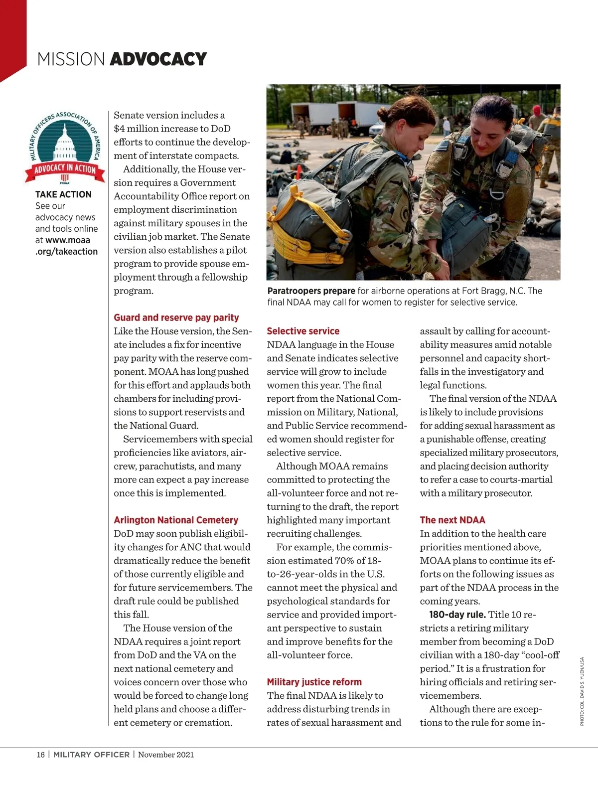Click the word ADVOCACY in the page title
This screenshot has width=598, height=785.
158,59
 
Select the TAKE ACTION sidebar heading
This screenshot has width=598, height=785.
63,194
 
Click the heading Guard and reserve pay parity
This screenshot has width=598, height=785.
176,317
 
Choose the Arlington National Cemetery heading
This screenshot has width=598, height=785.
176,520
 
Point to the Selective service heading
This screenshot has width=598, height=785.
303,331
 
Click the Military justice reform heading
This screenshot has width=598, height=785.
314,682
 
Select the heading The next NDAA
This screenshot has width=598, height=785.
452,520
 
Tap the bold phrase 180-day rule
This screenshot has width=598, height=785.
457,615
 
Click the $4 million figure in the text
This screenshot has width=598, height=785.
143,129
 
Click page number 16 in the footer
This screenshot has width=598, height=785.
40,755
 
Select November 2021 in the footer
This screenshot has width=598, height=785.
166,755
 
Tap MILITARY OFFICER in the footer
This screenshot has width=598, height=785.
91,755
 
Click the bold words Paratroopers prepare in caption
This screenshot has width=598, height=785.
311,291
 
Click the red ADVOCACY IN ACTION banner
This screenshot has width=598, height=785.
65,169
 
